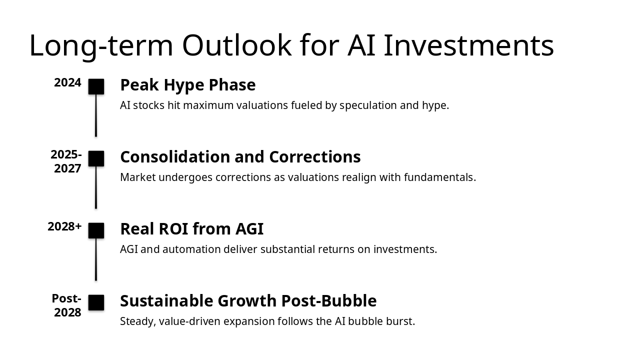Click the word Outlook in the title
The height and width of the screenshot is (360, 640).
pos(237,45)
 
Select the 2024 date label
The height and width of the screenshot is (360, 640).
pos(67,83)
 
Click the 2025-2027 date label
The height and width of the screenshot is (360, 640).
pos(66,161)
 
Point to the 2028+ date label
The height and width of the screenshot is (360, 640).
pos(65,226)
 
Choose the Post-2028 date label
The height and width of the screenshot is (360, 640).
pos(67,305)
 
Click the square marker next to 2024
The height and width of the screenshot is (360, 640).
pos(96,86)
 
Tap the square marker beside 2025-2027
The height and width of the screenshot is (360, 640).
pos(96,158)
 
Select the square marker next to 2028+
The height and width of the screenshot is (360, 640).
pos(96,230)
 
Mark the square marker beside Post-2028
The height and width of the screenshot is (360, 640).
pos(96,302)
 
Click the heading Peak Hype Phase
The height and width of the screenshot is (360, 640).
pos(188,85)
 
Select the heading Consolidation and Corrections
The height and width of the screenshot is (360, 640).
pos(240,157)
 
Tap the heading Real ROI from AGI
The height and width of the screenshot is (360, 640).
pos(192,229)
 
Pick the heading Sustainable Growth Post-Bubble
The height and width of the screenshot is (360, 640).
pos(248,301)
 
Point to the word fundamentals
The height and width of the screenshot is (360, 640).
pos(440,177)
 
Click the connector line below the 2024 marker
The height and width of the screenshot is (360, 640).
pos(96,115)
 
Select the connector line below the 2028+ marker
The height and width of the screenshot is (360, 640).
pos(96,259)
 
